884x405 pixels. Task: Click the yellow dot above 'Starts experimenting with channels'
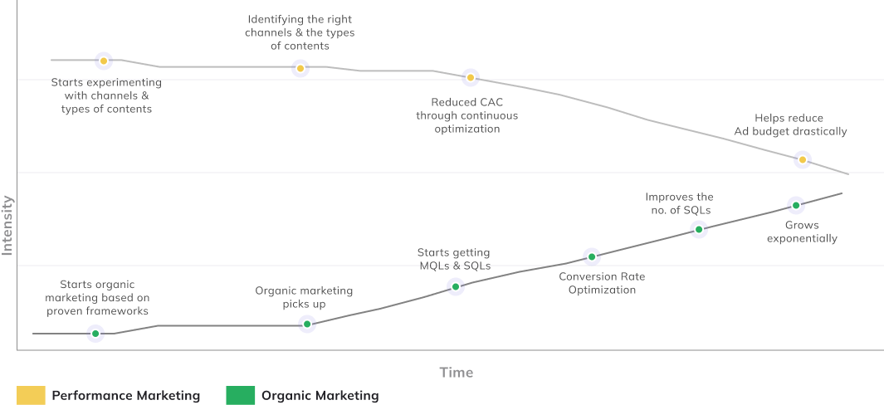[104, 61]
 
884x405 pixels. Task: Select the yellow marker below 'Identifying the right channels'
[300, 68]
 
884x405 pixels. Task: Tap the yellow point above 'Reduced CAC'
[470, 78]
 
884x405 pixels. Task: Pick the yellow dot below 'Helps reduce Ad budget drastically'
[802, 159]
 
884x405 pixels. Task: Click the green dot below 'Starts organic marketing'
[95, 334]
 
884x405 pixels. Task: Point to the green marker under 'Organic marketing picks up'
[307, 324]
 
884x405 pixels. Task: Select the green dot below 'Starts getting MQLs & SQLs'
[455, 286]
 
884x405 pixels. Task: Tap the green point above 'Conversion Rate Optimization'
[591, 256]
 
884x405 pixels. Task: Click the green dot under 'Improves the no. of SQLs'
[699, 229]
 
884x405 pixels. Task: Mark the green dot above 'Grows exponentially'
[795, 205]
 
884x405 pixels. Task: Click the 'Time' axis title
[457, 373]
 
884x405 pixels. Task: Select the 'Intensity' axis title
[7, 225]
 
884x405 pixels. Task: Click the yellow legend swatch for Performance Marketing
[31, 396]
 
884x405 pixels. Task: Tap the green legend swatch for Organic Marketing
[240, 396]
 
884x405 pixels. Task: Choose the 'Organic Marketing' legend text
[320, 396]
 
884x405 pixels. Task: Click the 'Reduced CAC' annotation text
[466, 115]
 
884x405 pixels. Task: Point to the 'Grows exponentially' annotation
[802, 232]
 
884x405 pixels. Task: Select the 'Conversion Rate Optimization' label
[602, 283]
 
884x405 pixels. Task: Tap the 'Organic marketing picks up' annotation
[304, 297]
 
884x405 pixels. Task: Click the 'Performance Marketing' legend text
[126, 396]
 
